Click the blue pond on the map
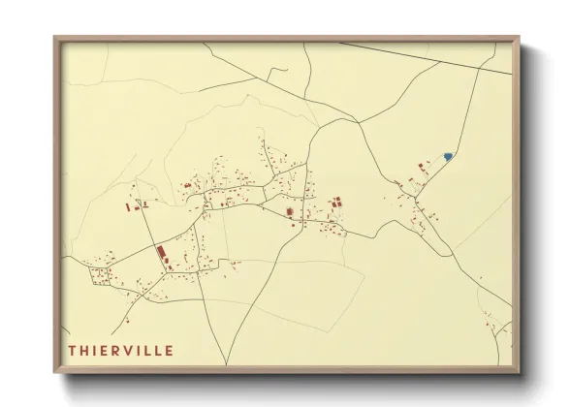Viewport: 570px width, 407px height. pyautogui.click(x=447, y=155)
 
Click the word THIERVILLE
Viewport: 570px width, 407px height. pyautogui.click(x=120, y=350)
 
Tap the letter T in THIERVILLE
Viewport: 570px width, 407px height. pyautogui.click(x=72, y=350)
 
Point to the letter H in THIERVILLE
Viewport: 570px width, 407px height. pyautogui.click(x=84, y=350)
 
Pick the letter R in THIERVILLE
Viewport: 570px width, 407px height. pyautogui.click(x=119, y=350)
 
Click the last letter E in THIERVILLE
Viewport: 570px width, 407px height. pyautogui.click(x=169, y=350)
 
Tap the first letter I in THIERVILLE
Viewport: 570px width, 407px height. pyautogui.click(x=96, y=350)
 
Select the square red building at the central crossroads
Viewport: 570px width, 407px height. pyautogui.click(x=288, y=212)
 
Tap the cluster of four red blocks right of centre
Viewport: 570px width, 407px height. pyautogui.click(x=336, y=203)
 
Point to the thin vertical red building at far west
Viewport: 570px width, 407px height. pyautogui.click(x=127, y=205)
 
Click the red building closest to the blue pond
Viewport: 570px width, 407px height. pyautogui.click(x=422, y=167)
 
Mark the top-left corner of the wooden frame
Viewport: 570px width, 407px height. pyautogui.click(x=54, y=38)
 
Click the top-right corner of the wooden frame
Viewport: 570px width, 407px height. pyautogui.click(x=520, y=38)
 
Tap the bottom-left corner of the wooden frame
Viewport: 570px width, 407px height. pyautogui.click(x=54, y=372)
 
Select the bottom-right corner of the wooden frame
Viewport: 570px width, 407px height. pyautogui.click(x=520, y=372)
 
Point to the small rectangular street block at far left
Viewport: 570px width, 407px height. pyautogui.click(x=100, y=276)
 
